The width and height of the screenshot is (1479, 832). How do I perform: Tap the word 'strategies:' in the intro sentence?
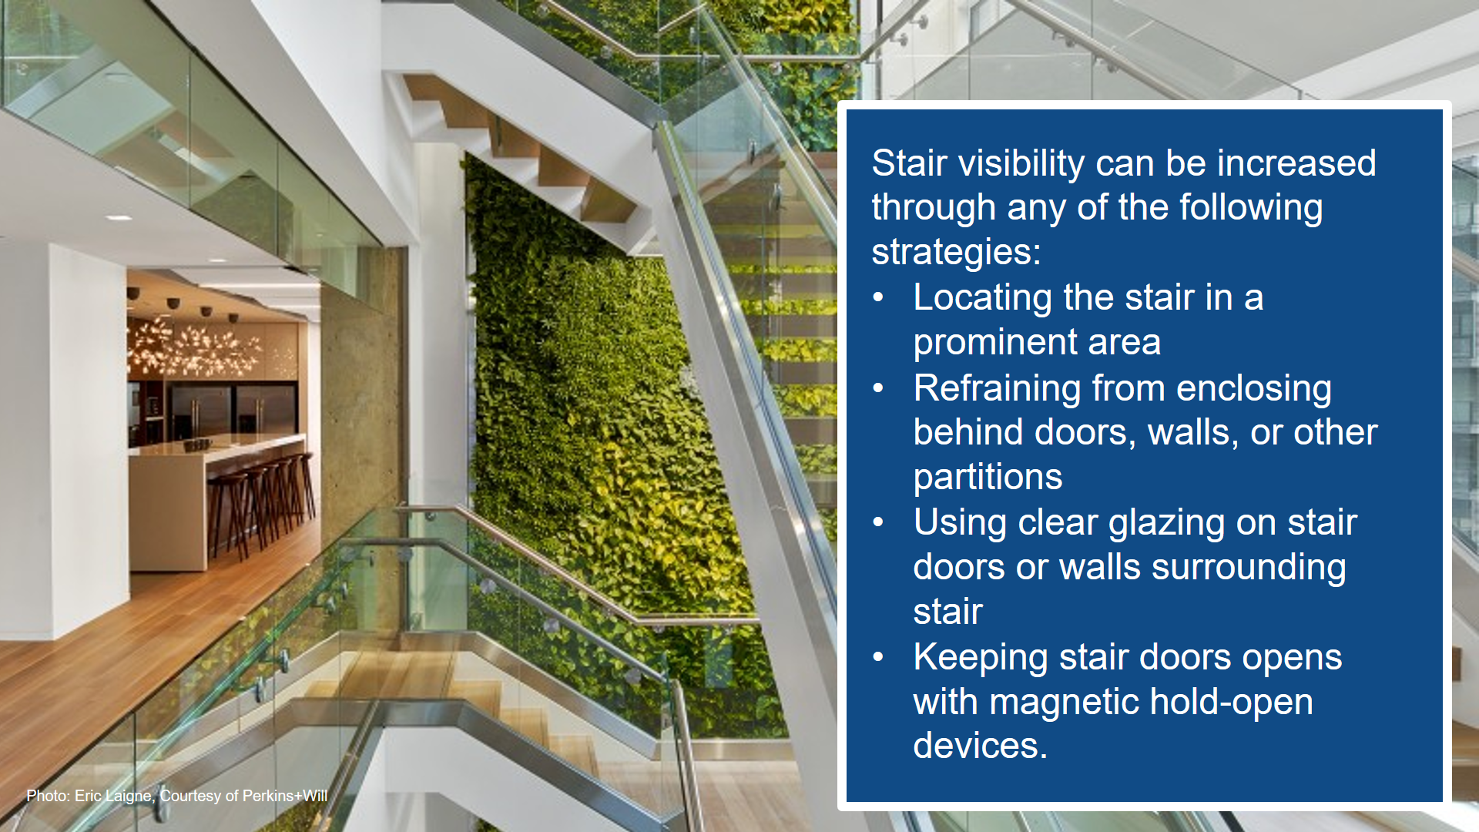(x=956, y=253)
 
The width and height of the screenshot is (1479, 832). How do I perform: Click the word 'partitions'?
(x=988, y=478)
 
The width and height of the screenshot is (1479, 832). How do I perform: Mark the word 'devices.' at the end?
(x=981, y=746)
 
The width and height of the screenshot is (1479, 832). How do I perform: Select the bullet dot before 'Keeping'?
(x=879, y=658)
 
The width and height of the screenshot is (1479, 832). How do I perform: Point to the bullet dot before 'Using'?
(x=879, y=523)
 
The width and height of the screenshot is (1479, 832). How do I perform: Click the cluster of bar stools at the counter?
(x=262, y=505)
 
